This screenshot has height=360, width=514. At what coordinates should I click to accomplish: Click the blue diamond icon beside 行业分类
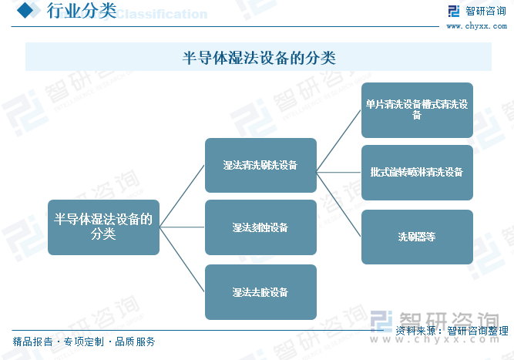click(x=25, y=10)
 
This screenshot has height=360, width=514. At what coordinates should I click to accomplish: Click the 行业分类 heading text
click(x=82, y=11)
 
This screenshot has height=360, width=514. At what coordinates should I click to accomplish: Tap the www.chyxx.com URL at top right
click(x=477, y=26)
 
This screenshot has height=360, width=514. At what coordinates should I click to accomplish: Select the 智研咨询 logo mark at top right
click(x=454, y=11)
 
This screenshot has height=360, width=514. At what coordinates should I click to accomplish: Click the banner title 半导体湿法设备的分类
click(x=259, y=58)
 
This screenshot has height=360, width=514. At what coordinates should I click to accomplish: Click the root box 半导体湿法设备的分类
click(x=103, y=227)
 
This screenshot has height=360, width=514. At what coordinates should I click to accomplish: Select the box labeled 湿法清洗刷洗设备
click(x=260, y=165)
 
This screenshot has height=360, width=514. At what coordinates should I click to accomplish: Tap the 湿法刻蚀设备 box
click(x=260, y=227)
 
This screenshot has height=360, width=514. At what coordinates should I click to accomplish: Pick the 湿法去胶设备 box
click(x=260, y=292)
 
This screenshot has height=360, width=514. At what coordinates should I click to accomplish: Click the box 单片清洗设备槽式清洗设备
click(x=417, y=110)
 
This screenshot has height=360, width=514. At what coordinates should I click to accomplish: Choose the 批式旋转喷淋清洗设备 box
click(x=417, y=173)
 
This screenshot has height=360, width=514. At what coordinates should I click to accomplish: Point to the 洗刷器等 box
click(x=417, y=237)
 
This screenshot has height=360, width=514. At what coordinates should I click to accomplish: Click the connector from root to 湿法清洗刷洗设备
click(x=182, y=196)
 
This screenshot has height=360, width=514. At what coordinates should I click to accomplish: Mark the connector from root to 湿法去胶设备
click(x=182, y=259)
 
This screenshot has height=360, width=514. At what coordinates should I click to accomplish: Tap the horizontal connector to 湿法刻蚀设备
click(x=182, y=227)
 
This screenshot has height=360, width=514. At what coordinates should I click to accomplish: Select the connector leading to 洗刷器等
click(x=338, y=204)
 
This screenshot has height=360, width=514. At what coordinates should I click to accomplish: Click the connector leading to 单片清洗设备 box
click(x=338, y=141)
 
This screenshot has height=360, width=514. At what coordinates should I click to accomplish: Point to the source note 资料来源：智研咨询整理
click(x=452, y=331)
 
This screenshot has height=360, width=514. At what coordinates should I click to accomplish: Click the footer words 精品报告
click(x=32, y=341)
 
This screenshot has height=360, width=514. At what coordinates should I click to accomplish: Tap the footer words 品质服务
click(x=135, y=341)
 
